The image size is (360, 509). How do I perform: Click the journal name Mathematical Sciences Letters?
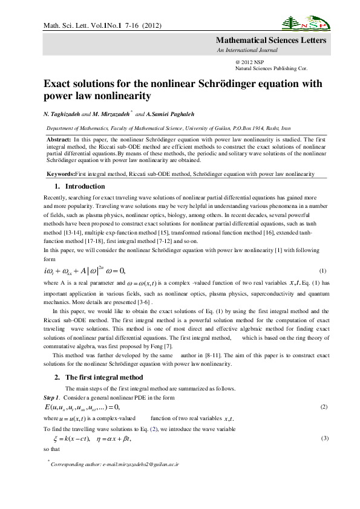point(272,41)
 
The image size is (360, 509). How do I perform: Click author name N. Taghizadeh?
point(67,114)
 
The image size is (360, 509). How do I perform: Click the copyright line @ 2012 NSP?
point(249,62)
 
